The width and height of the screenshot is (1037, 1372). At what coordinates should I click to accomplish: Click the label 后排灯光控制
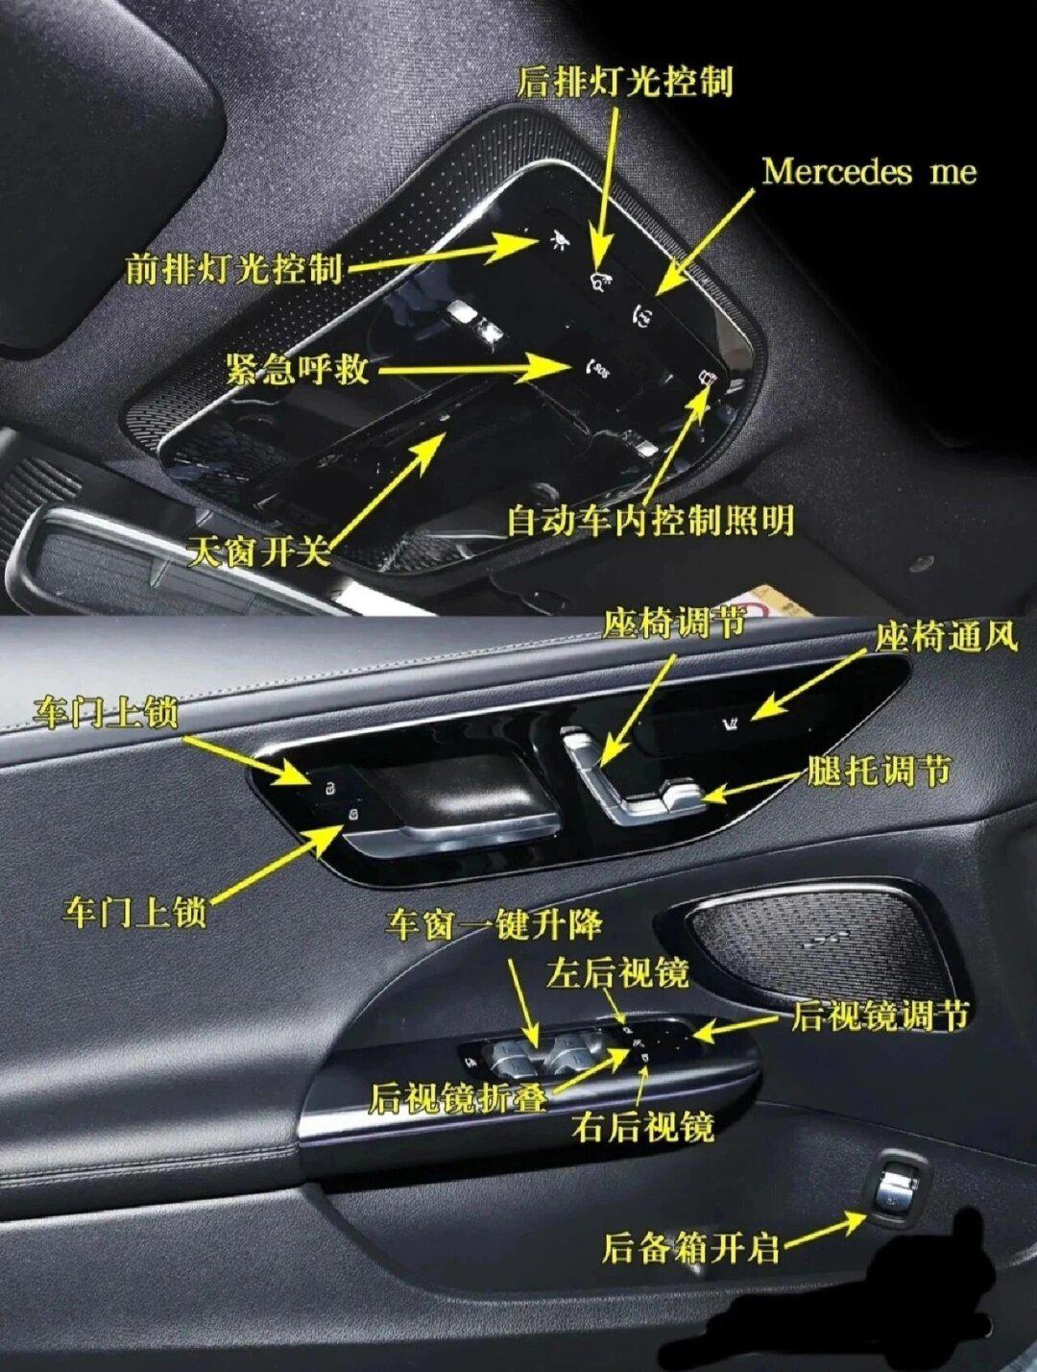pyautogui.click(x=625, y=81)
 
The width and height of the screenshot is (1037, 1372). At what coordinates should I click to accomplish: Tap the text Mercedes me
pyautogui.click(x=869, y=172)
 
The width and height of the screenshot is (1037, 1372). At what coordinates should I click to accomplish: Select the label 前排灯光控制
pyautogui.click(x=234, y=268)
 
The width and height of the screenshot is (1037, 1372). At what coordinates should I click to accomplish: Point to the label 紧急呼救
pyautogui.click(x=298, y=368)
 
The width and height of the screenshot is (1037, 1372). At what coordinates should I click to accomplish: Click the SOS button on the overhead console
pyautogui.click(x=597, y=367)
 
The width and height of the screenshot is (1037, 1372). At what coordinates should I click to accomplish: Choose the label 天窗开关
pyautogui.click(x=259, y=551)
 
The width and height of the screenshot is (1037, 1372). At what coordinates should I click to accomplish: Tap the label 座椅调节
pyautogui.click(x=674, y=625)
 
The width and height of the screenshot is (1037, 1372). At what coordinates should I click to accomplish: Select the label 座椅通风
pyautogui.click(x=945, y=637)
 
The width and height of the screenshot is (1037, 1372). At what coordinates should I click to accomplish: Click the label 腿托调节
pyautogui.click(x=880, y=771)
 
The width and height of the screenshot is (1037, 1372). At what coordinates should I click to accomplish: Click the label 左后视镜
pyautogui.click(x=617, y=973)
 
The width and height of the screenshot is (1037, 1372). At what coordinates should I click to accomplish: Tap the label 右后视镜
pyautogui.click(x=642, y=1126)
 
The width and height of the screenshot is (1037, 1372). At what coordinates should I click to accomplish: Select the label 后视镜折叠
pyautogui.click(x=458, y=1097)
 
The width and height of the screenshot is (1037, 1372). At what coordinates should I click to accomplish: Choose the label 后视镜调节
pyautogui.click(x=880, y=1016)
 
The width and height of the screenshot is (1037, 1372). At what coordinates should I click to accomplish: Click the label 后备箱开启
pyautogui.click(x=690, y=1248)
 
